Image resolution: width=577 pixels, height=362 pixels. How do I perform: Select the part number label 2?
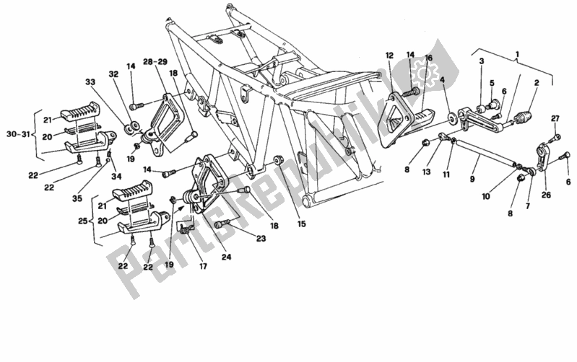[536, 84]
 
